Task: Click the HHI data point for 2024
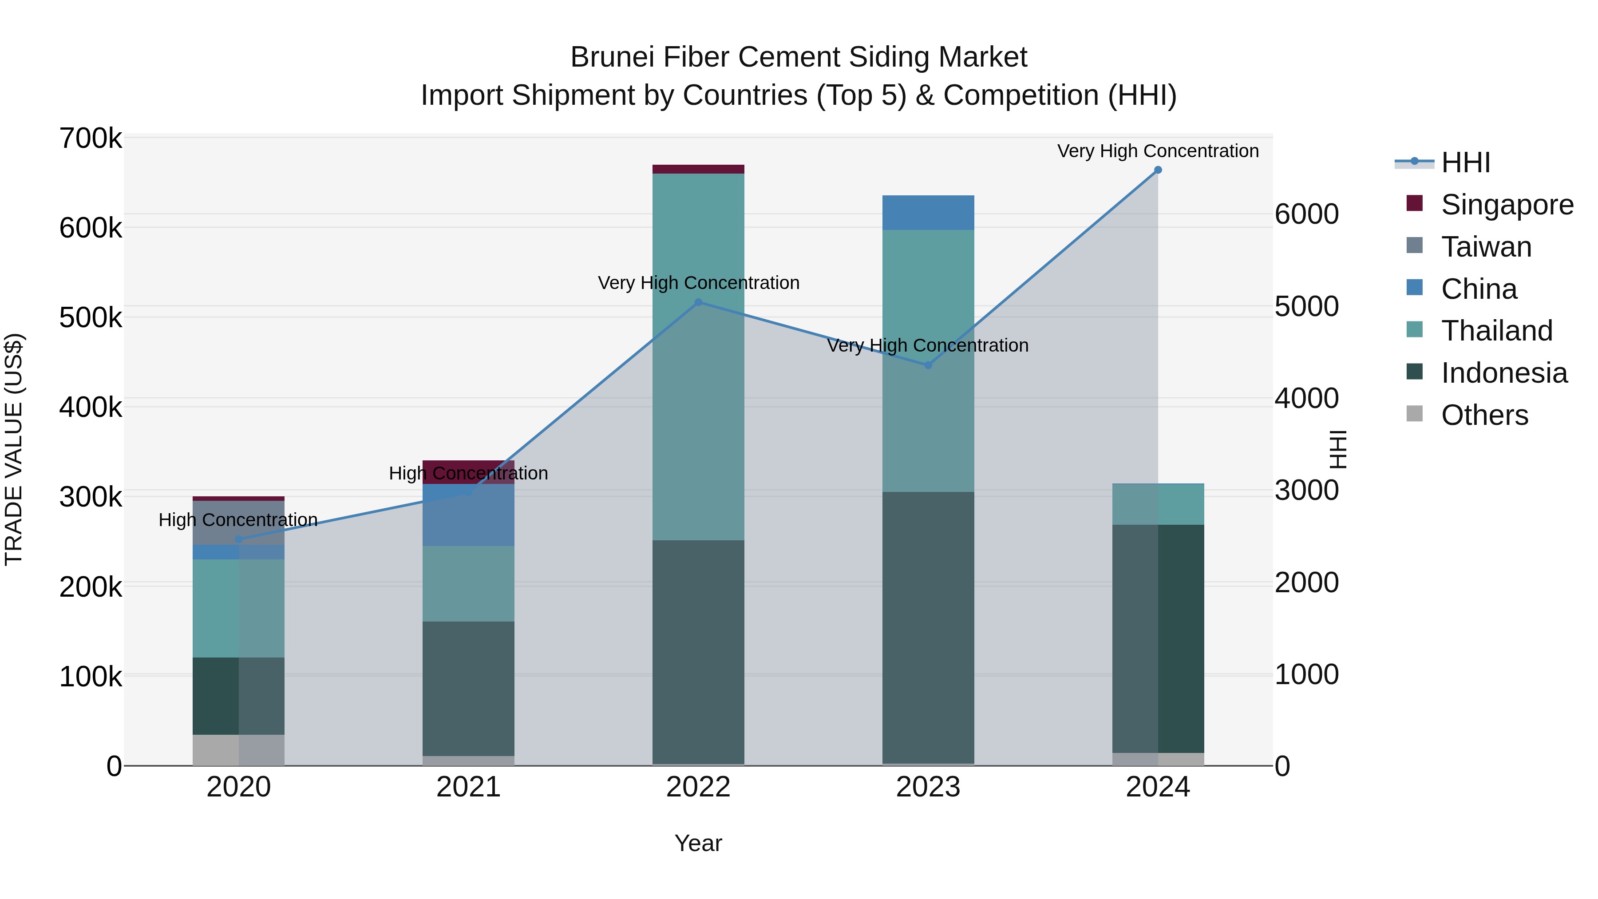[1158, 170]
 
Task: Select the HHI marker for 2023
[928, 365]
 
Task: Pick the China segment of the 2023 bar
[928, 213]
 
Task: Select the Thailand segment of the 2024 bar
[1158, 504]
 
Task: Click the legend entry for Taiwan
[1486, 247]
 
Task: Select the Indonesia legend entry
[1504, 373]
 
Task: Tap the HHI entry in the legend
[1465, 162]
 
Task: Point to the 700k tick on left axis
[91, 139]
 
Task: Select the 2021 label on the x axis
[468, 787]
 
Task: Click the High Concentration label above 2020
[238, 519]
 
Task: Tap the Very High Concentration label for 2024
[1158, 151]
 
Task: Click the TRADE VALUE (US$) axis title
[14, 449]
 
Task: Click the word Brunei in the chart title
[612, 57]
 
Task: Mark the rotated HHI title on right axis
[1338, 449]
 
